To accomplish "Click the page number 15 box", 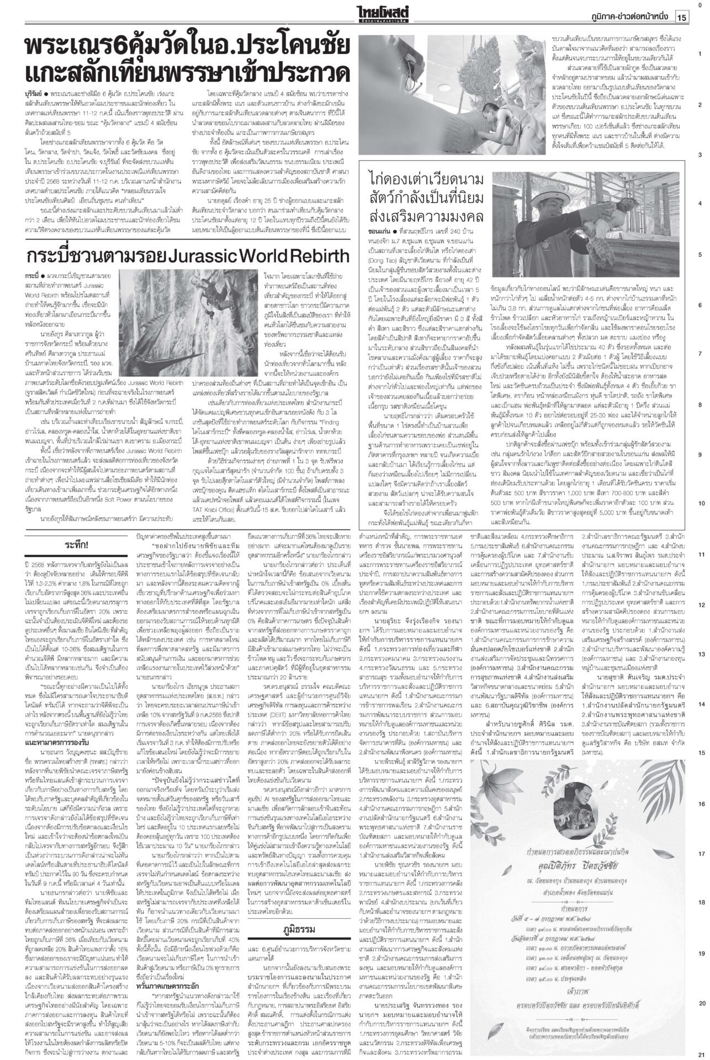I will tap(682, 17).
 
